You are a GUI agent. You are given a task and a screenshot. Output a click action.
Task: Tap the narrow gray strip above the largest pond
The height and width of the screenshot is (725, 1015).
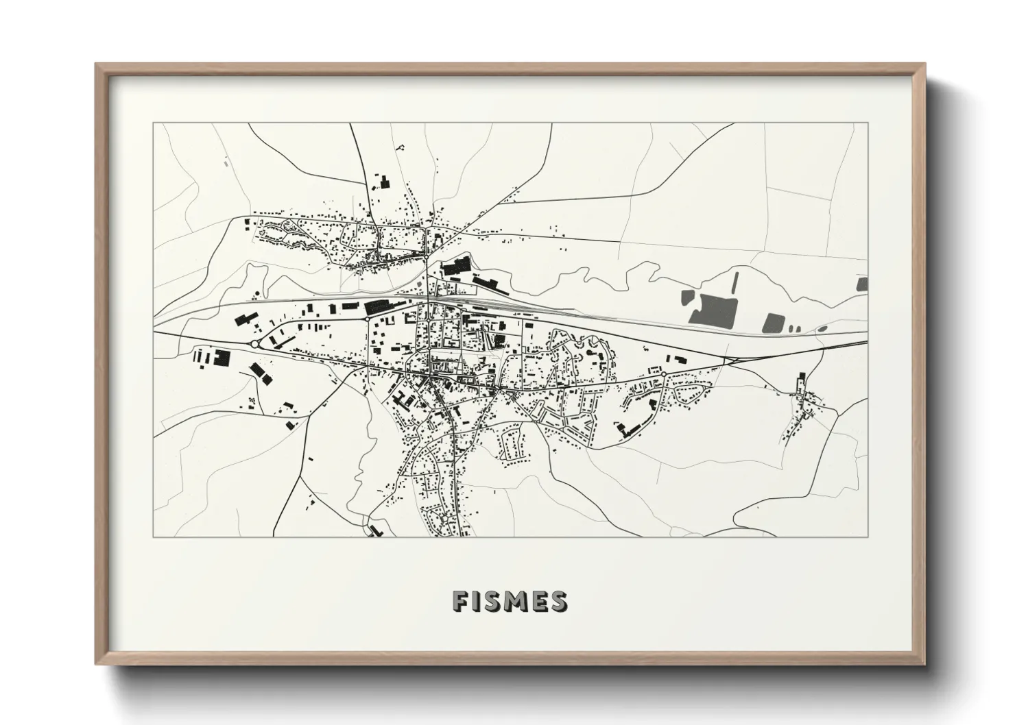click(x=736, y=282)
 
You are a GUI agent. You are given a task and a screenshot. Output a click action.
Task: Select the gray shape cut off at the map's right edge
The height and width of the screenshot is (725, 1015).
click(x=862, y=284)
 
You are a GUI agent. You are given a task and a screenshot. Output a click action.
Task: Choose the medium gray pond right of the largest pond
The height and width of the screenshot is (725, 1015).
click(x=774, y=323)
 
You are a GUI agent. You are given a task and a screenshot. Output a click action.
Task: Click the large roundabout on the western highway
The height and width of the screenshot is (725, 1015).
click(x=255, y=344)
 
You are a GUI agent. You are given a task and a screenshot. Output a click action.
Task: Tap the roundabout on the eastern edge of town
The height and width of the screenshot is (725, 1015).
click(x=663, y=373)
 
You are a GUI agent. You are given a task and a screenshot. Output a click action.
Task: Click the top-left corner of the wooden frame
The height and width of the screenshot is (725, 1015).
click(x=97, y=64)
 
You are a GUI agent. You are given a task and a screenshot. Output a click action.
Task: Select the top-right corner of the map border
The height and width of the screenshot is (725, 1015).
click(x=868, y=123)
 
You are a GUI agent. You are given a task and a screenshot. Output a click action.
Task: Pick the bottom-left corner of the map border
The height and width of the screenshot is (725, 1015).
click(x=154, y=537)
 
